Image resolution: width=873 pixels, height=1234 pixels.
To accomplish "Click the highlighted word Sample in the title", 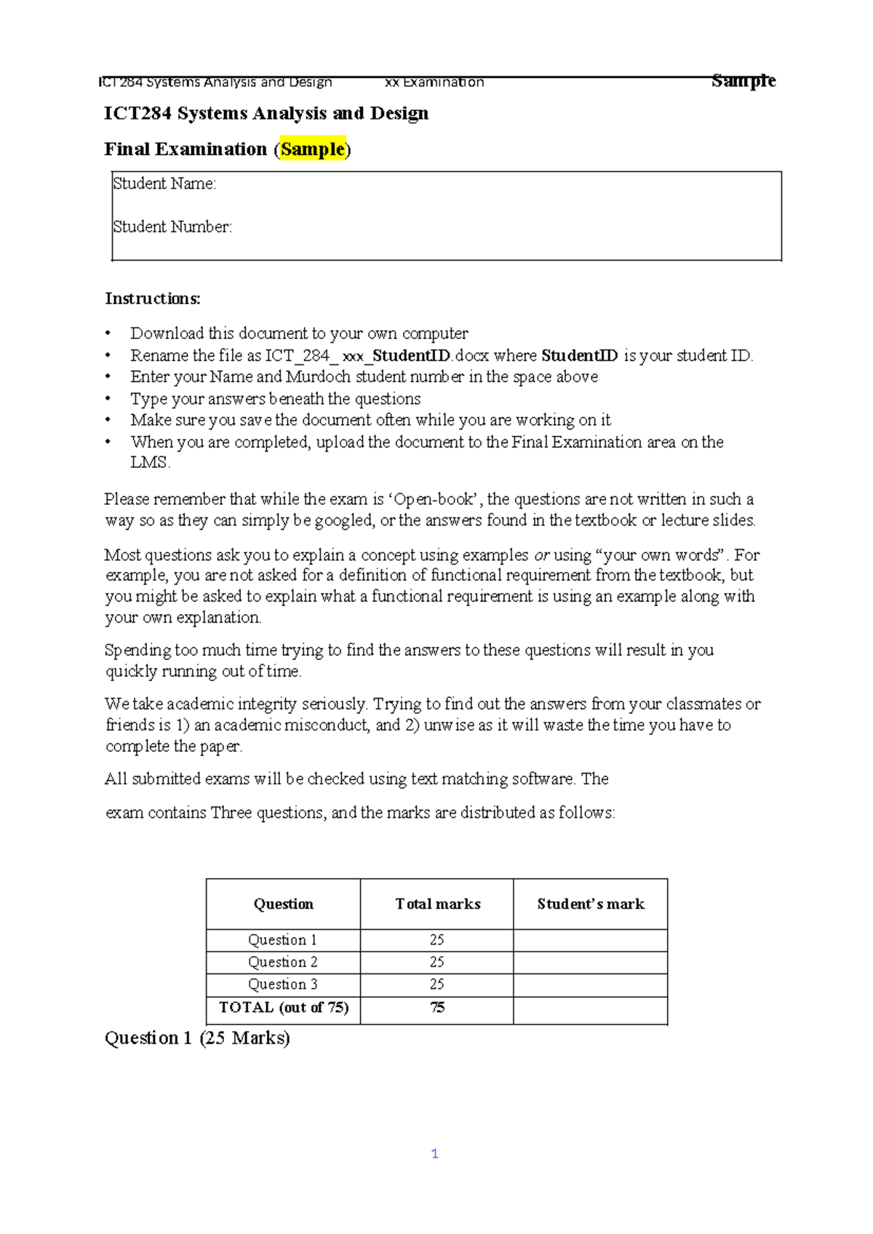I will pyautogui.click(x=313, y=149).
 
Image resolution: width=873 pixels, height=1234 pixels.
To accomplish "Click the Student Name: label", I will pyautogui.click(x=164, y=183).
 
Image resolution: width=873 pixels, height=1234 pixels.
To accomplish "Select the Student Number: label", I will pyautogui.click(x=172, y=227).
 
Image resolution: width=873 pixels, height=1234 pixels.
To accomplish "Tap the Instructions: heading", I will pyautogui.click(x=152, y=298).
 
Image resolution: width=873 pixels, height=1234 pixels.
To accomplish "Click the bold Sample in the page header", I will pyautogui.click(x=744, y=81).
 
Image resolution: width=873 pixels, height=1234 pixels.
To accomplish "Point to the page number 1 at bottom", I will pyautogui.click(x=435, y=1153).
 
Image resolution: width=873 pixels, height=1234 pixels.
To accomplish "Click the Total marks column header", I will pyautogui.click(x=437, y=904).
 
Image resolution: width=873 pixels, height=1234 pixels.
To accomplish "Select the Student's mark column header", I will pyautogui.click(x=591, y=904).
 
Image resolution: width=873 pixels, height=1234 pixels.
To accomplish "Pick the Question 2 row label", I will pyautogui.click(x=283, y=962).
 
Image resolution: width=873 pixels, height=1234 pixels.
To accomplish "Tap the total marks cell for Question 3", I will pyautogui.click(x=436, y=984).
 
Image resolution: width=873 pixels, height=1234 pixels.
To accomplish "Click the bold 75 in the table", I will pyautogui.click(x=437, y=1008).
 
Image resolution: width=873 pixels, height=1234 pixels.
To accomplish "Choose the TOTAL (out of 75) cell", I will pyautogui.click(x=284, y=1008).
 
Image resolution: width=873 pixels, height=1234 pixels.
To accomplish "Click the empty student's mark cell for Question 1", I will pyautogui.click(x=590, y=940).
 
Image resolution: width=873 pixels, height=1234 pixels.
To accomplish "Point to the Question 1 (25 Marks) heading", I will pyautogui.click(x=197, y=1038).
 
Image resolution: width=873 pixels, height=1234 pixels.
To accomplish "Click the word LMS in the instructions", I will pyautogui.click(x=149, y=463).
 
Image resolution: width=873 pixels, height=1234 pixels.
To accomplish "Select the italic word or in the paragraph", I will pyautogui.click(x=541, y=555).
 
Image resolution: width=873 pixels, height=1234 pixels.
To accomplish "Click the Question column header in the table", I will pyautogui.click(x=283, y=904).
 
